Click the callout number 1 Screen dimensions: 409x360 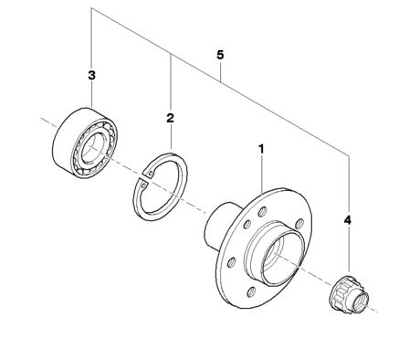261,149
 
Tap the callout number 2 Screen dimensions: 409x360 170,118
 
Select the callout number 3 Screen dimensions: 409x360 91,75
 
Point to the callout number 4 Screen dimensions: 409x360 348,220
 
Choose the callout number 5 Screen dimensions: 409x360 220,55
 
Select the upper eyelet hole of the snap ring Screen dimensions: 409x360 151,174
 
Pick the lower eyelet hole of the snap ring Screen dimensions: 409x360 144,185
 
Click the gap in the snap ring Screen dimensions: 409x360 144,178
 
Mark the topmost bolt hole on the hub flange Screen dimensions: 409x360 262,211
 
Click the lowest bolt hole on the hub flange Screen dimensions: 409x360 251,292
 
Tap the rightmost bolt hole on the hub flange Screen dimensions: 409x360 299,224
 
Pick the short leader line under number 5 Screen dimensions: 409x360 220,70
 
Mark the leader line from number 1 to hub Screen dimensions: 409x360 262,174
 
